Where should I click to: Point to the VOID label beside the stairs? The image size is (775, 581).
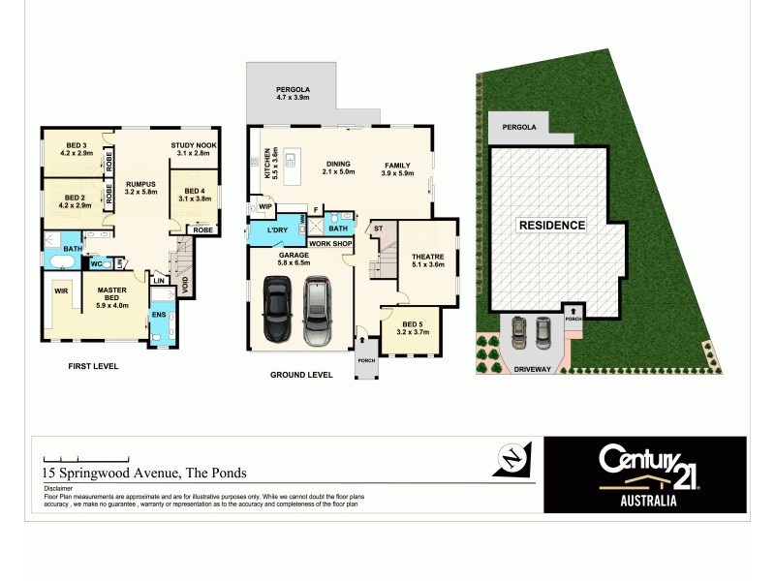click(x=185, y=286)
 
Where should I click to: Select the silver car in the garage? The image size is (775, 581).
click(x=317, y=311)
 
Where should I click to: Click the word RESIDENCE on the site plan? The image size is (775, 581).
click(x=551, y=225)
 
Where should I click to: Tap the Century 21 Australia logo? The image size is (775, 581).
click(x=645, y=474)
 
